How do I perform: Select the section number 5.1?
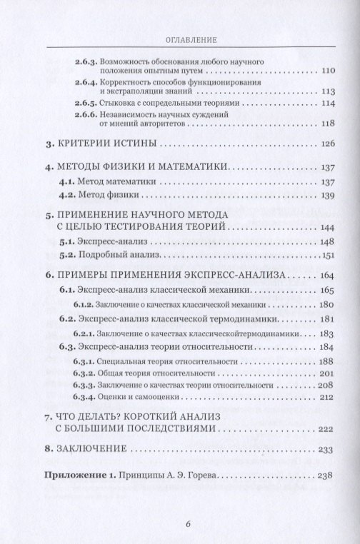pyautogui.click(x=65, y=240)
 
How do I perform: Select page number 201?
pyautogui.click(x=326, y=373)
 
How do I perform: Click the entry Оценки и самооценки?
pyautogui.click(x=131, y=398)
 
